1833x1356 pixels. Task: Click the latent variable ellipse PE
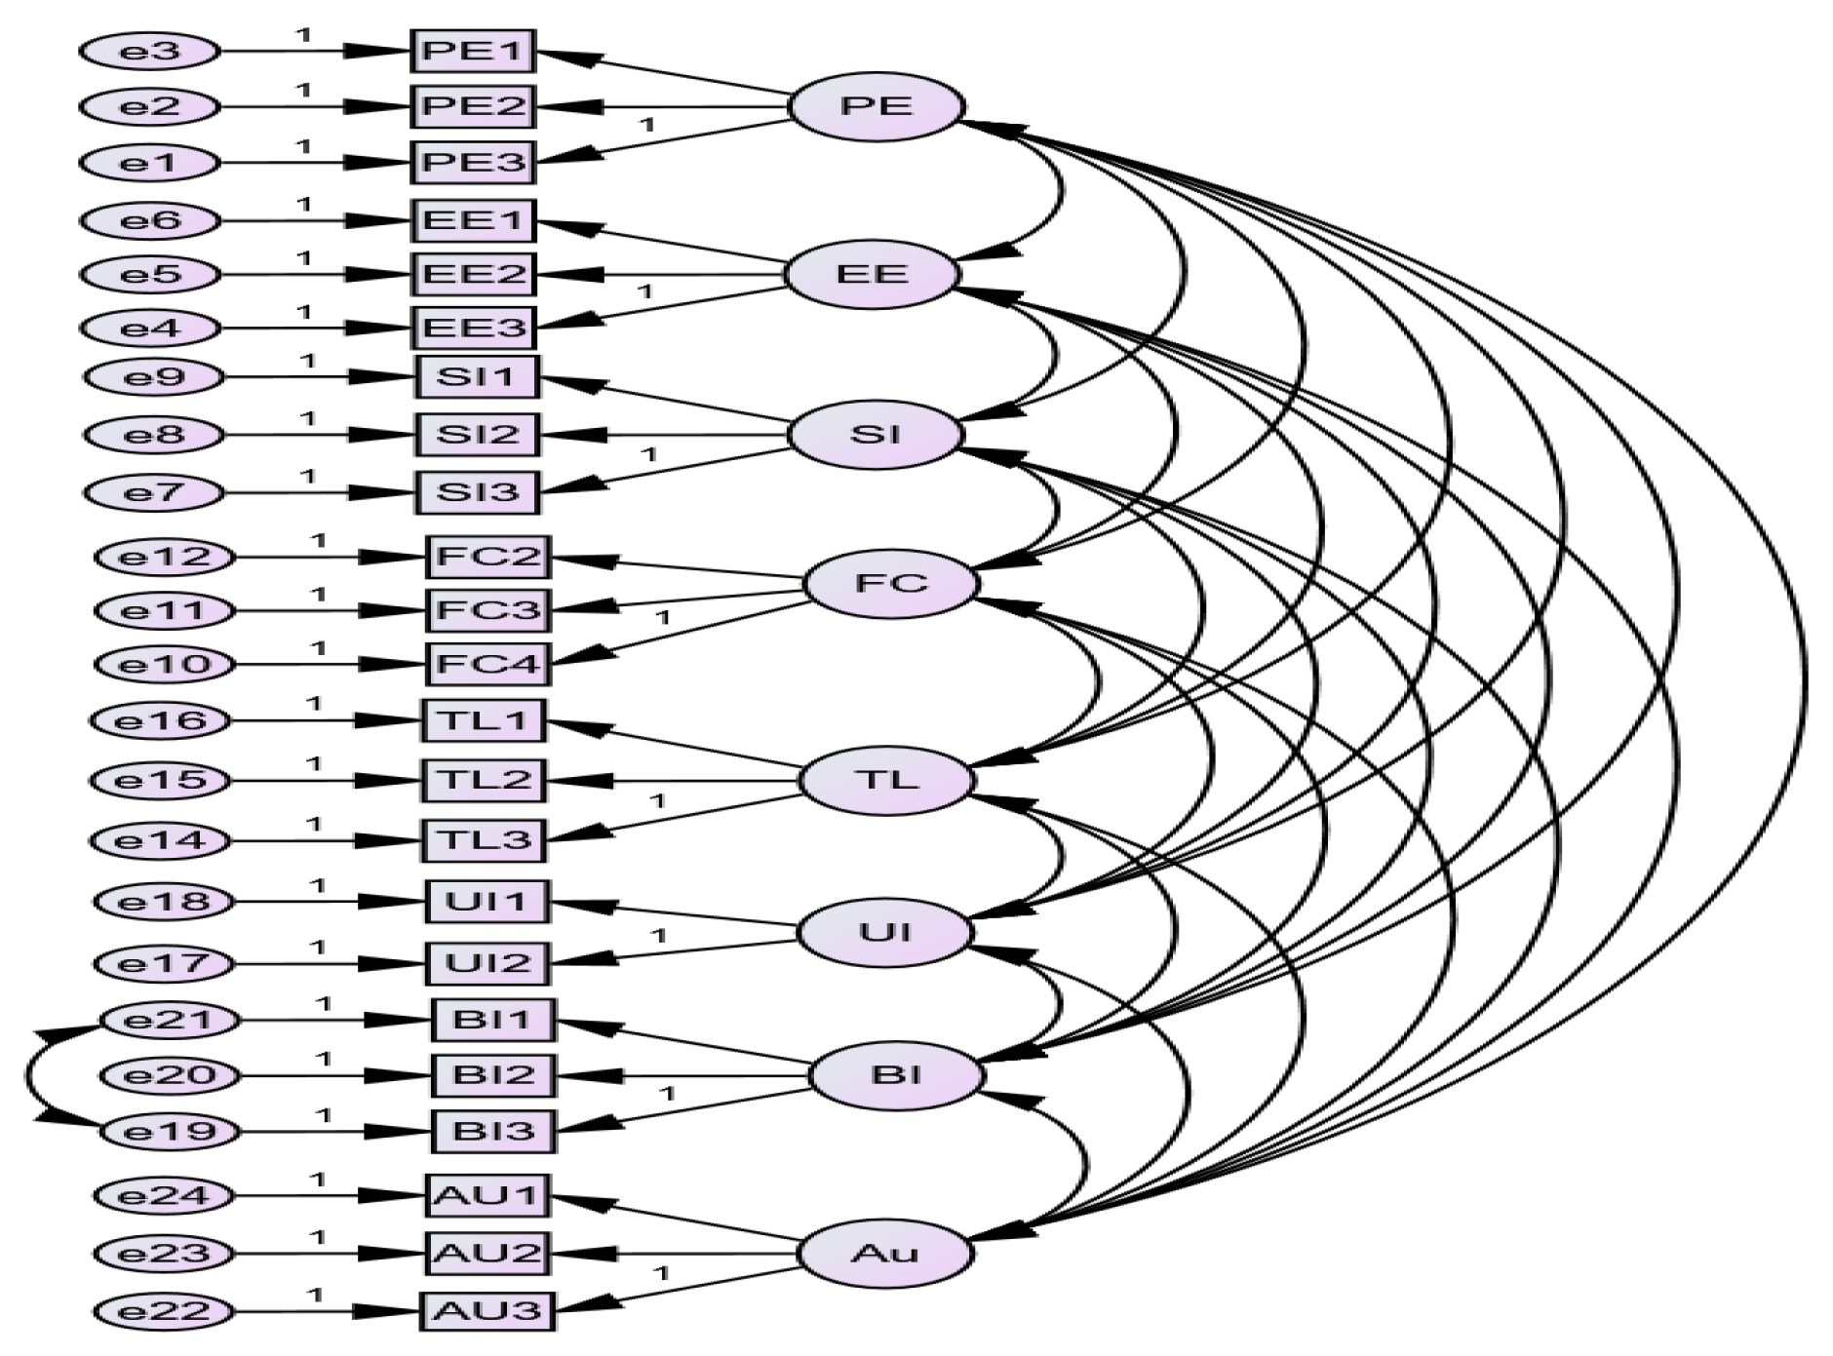click(876, 105)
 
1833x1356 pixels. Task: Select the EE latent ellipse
click(872, 274)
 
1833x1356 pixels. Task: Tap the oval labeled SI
click(875, 434)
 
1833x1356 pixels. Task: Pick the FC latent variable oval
click(890, 583)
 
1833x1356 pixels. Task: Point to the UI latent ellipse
click(884, 932)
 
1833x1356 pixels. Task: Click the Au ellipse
click(884, 1253)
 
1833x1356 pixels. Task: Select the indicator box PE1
click(473, 51)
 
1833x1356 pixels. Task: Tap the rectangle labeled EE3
click(473, 328)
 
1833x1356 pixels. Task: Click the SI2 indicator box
click(478, 434)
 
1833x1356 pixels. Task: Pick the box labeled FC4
click(488, 664)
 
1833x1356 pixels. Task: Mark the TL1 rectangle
click(484, 721)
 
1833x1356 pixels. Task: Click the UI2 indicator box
click(487, 963)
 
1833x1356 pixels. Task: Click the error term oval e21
click(170, 1021)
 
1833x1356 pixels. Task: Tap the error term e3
click(149, 51)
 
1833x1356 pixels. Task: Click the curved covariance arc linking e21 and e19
click(29, 1076)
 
